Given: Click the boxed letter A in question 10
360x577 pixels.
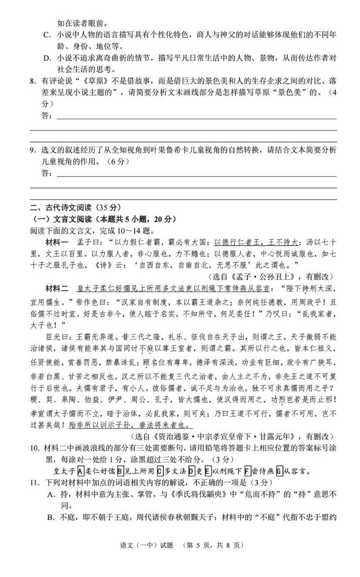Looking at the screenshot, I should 81,472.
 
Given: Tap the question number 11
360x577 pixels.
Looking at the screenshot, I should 34,483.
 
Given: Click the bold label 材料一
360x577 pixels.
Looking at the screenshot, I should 57,242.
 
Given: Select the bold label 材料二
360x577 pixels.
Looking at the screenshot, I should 57,287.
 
